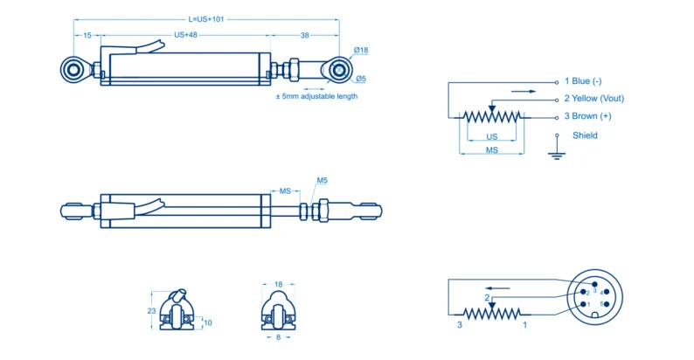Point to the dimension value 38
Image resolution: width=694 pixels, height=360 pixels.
coord(304,35)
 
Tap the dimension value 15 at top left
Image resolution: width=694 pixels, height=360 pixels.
coord(87,35)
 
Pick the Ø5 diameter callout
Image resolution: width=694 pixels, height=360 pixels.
coord(360,80)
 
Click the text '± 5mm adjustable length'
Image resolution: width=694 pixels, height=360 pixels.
coord(316,96)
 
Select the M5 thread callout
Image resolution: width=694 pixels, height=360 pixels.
coord(321,181)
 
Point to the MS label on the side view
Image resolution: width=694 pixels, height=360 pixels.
coord(284,190)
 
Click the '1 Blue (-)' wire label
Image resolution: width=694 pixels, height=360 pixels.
coord(583,81)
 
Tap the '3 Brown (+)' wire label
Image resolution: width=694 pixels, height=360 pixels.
coord(587,116)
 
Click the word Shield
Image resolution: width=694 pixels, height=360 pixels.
coord(585,135)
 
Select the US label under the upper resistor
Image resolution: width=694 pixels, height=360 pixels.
coord(491,137)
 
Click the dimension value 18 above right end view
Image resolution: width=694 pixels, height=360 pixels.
coord(279,284)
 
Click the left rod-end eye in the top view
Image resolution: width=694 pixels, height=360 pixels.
coord(73,68)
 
